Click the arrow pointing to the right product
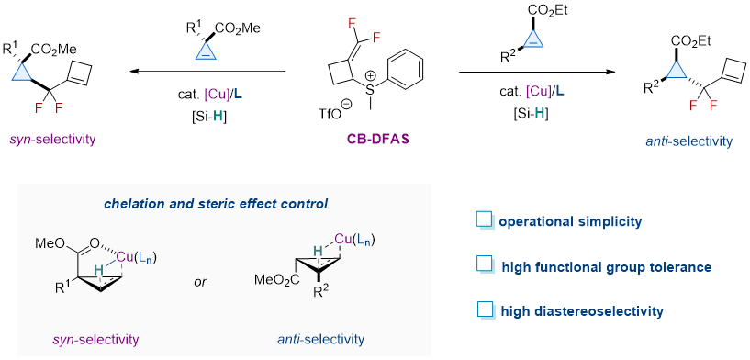pos(537,73)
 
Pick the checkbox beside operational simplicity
pos(485,221)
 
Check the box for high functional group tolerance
pos(485,265)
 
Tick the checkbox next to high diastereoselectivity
pos(485,310)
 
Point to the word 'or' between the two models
pos(201,283)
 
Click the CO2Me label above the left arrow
pos(237,28)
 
